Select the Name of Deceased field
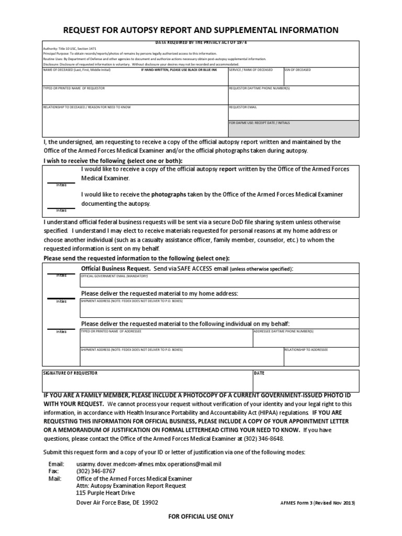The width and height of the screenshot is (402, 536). click(135, 78)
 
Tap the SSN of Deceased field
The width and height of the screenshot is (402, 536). click(321, 78)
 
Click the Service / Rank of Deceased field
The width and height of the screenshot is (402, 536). click(255, 78)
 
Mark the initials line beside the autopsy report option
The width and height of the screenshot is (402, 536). click(61, 183)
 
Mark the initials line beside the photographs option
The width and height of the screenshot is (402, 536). click(61, 208)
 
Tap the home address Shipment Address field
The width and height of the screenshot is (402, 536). click(219, 309)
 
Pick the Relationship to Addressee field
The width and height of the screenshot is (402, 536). click(321, 358)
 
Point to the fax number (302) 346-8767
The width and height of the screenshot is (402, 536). click(96, 471)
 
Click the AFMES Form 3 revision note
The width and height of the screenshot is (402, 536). click(318, 503)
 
